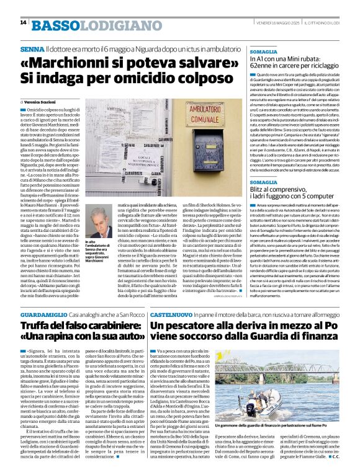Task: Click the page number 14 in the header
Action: [23, 23]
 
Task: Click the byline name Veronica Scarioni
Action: [43, 101]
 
